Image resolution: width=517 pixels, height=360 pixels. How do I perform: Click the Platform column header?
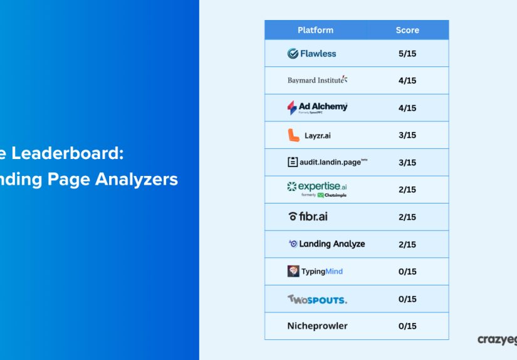point(315,30)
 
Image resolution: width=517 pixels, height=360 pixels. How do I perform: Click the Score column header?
point(407,30)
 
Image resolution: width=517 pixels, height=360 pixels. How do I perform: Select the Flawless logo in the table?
point(311,54)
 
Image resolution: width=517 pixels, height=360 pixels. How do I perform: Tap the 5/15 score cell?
point(407,54)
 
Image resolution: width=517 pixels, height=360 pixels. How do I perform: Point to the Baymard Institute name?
point(317,80)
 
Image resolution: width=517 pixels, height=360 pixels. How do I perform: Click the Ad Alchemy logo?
point(317,108)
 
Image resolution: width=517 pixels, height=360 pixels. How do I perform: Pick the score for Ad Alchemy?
point(407,108)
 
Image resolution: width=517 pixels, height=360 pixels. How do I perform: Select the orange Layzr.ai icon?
point(293,135)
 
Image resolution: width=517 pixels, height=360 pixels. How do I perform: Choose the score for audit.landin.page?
point(407,163)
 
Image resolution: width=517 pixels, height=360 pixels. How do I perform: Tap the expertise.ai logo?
point(316,188)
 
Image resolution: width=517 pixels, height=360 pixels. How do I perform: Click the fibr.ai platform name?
point(308,217)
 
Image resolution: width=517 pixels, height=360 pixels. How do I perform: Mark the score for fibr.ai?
point(407,217)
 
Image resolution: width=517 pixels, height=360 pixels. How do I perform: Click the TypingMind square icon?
point(293,271)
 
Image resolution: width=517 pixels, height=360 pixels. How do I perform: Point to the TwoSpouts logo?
point(317,299)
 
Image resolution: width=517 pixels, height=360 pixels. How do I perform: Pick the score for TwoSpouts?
point(407,299)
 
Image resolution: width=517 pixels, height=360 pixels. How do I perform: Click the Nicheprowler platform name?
point(317,326)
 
